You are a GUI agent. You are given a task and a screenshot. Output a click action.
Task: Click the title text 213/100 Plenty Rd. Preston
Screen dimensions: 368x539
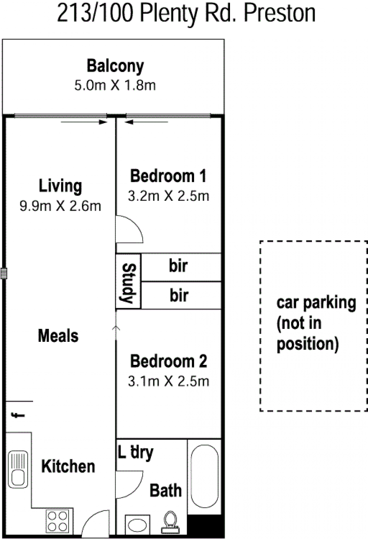186,14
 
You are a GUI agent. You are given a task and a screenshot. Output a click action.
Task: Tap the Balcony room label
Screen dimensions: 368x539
115,66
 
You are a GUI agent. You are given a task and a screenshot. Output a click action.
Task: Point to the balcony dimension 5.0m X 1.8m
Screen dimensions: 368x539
115,85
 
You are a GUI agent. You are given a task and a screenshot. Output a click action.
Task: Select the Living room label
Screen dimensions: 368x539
60,186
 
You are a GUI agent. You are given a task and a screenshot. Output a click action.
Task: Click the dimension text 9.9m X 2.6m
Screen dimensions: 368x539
60,206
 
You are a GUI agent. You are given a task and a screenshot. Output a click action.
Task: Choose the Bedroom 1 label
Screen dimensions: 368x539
168,176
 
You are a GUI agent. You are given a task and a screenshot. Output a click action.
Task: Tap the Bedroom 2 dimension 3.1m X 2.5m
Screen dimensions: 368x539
168,381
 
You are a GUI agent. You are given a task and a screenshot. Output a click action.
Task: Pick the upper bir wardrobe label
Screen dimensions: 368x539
178,266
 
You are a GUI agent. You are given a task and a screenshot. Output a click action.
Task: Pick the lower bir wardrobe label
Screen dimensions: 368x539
179,296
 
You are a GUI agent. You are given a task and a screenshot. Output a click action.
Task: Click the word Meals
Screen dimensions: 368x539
58,336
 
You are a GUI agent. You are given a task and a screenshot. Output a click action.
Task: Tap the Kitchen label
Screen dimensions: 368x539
68,467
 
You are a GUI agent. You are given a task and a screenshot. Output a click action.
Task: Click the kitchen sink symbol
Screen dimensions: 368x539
18,469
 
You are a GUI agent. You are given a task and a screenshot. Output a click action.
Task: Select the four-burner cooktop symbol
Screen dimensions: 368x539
57,521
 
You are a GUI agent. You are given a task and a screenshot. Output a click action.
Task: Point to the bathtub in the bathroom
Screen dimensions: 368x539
204,476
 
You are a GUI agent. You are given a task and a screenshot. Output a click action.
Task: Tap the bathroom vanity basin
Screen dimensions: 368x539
138,525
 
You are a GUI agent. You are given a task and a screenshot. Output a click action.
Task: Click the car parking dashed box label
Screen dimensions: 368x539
316,323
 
